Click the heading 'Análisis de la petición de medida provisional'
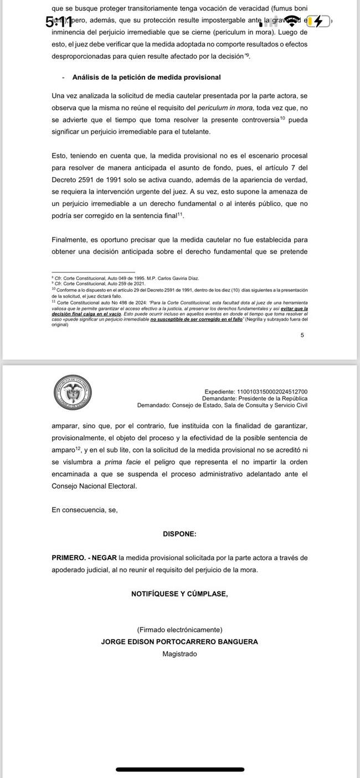pos(146,77)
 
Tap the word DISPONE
pos(179,534)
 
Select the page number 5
pos(302,334)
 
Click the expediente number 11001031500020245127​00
pos(272,392)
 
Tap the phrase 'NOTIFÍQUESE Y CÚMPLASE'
pos(179,594)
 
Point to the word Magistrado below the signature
pos(179,654)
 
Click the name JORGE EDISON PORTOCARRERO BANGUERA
pos(179,642)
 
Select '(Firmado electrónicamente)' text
pos(179,630)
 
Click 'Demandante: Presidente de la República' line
pos(255,399)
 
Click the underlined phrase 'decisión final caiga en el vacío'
pos(79,314)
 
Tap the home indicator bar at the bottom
pos(179,769)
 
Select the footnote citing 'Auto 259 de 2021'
pos(89,283)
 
